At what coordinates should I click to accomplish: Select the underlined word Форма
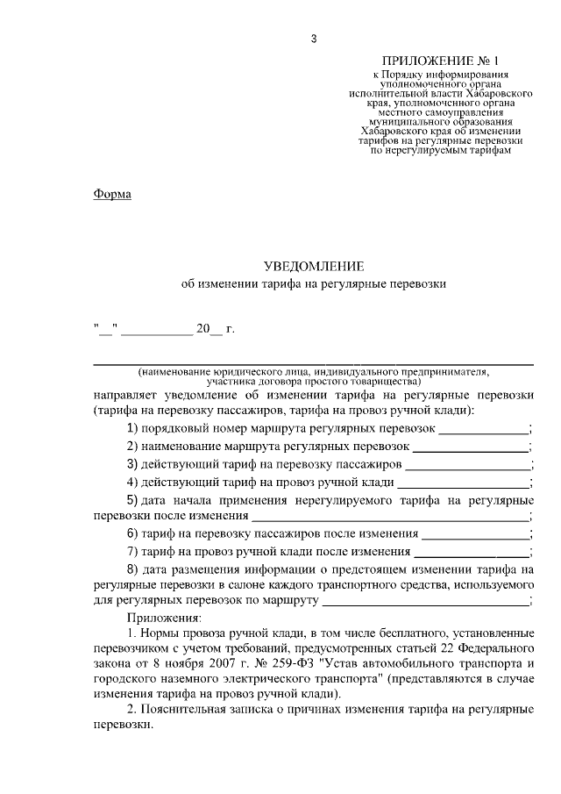tap(112, 194)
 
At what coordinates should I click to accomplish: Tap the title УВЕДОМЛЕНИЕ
tap(313, 266)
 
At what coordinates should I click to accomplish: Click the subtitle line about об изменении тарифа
tap(313, 284)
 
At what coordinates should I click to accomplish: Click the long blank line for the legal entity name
tap(313, 361)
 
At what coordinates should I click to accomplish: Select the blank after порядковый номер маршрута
tap(483, 430)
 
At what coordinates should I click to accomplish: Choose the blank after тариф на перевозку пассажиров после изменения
tap(476, 533)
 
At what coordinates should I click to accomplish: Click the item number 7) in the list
tap(133, 551)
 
